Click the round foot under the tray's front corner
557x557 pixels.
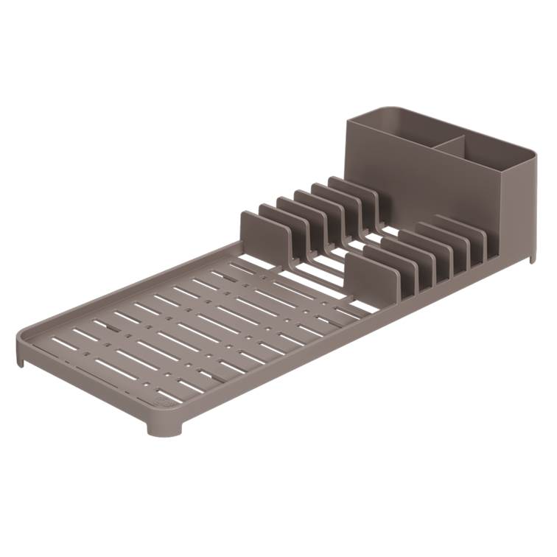(164, 427)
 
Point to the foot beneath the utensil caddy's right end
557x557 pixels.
(531, 257)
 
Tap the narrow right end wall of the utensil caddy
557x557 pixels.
(519, 206)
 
